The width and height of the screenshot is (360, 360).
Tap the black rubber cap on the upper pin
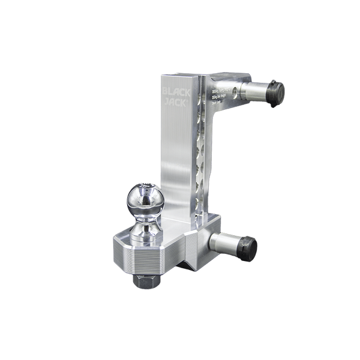tap(277, 94)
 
